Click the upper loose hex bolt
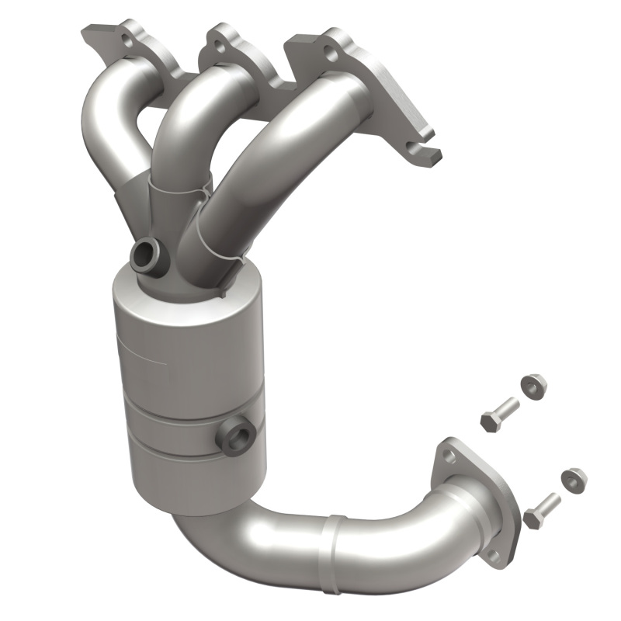click(500, 414)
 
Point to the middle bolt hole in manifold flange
click(222, 46)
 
